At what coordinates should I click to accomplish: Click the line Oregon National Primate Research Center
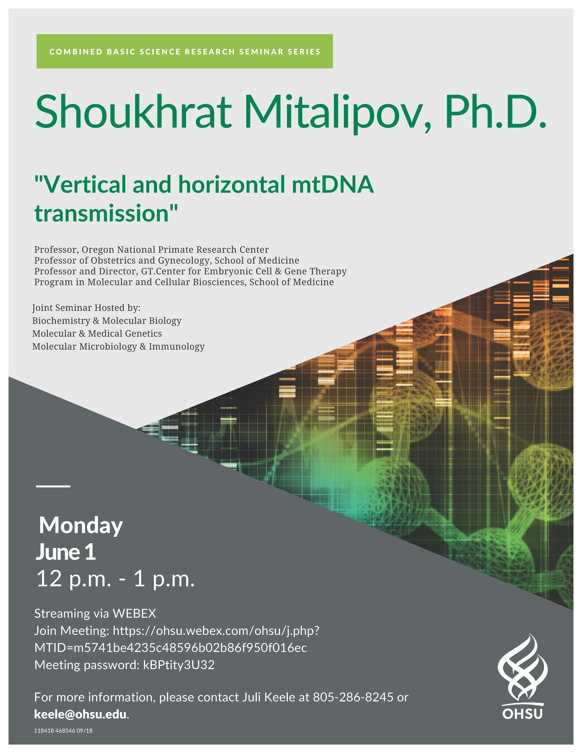(175, 250)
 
